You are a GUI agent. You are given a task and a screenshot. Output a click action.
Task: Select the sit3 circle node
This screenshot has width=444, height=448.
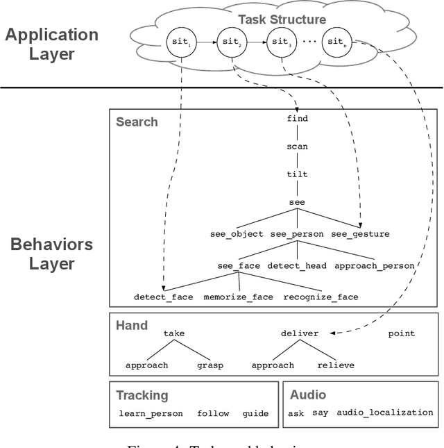tap(280, 42)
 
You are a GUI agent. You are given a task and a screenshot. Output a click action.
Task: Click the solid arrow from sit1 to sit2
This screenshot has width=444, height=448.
tap(207, 42)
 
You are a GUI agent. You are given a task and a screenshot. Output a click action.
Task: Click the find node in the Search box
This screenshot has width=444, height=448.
tap(297, 119)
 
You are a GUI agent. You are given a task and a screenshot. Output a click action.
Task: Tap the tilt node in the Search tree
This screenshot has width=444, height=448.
tap(297, 174)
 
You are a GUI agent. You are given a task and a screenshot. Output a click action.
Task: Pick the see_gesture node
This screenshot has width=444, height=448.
tap(360, 234)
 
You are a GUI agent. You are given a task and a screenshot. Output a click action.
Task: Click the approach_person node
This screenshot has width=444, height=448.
tap(375, 265)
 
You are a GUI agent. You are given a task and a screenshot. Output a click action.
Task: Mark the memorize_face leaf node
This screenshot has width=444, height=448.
tap(238, 297)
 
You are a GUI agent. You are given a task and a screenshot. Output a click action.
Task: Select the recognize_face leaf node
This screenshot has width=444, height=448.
tap(321, 297)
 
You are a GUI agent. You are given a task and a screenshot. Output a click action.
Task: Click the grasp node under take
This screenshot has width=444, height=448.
tap(210, 365)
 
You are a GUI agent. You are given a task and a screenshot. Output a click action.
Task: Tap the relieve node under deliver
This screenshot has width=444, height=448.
tap(336, 365)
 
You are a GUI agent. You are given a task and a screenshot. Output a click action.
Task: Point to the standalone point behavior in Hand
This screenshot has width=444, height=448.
tap(401, 333)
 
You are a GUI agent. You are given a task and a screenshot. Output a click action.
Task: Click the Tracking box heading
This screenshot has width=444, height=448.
tap(142, 395)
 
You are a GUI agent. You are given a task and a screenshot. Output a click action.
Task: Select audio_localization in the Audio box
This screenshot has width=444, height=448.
tap(384, 413)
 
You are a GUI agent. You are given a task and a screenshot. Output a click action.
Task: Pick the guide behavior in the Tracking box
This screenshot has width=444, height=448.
tap(255, 413)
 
